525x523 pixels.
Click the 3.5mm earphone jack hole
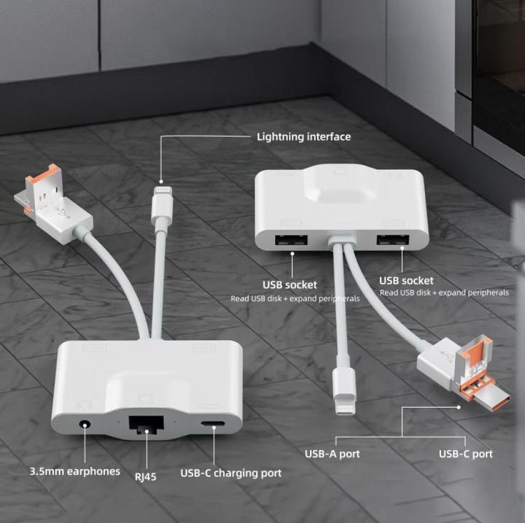tap(85, 425)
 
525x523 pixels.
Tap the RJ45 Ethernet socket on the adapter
tap(147, 425)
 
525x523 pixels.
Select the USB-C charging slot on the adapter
tap(213, 424)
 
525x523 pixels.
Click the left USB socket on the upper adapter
tap(291, 240)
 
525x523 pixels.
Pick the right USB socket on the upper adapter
tap(393, 240)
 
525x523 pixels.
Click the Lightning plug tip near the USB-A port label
tap(346, 406)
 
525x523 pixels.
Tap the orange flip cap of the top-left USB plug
tap(47, 176)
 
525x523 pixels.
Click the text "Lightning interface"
tap(303, 136)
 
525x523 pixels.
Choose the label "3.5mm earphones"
tap(75, 471)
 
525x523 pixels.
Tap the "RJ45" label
tap(145, 476)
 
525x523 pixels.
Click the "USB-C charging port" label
tap(231, 473)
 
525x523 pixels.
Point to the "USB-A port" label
tap(332, 454)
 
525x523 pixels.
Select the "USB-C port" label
tap(466, 454)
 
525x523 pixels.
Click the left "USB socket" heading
tap(289, 284)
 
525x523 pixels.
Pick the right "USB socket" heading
tap(406, 280)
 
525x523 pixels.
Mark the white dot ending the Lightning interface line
tap(161, 182)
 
